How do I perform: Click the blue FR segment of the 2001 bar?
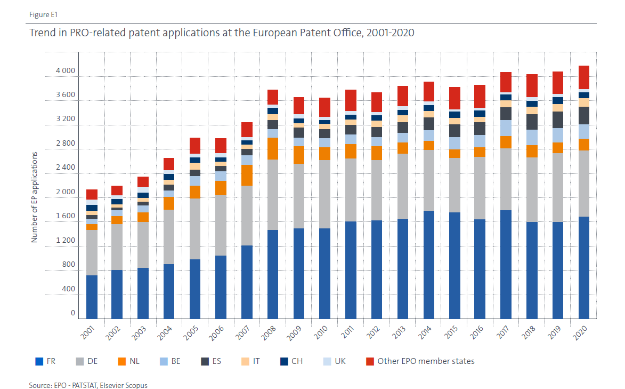click(92, 297)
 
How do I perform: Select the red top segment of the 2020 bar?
click(583, 77)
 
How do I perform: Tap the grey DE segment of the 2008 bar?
click(272, 195)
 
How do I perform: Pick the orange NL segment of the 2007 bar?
click(247, 175)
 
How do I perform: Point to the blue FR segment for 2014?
click(428, 265)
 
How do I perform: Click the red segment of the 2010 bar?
click(324, 107)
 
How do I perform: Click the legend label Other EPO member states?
click(426, 361)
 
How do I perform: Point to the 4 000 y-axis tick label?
click(66, 72)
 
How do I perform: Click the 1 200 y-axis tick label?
click(66, 241)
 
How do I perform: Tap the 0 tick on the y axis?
click(73, 313)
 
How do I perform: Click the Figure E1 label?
click(41, 14)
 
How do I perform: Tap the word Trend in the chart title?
click(42, 33)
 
